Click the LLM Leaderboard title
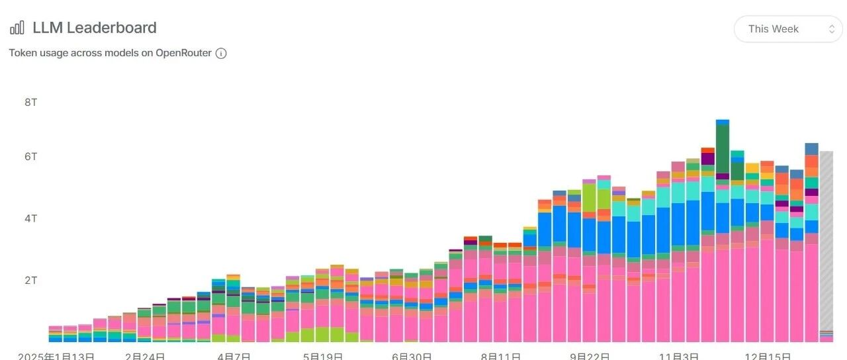pos(95,28)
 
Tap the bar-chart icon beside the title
pos(17,28)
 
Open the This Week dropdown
pos(787,29)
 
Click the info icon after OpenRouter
pos(221,54)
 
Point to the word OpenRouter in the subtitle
pos(183,53)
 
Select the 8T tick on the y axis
pos(32,103)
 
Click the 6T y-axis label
pos(32,157)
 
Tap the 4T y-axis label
pos(32,218)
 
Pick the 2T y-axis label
pos(32,280)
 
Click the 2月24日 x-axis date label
pos(145,356)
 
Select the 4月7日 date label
pos(234,356)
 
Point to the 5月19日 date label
pos(323,356)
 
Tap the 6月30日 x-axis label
pos(412,356)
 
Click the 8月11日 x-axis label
pos(500,356)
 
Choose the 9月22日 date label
pos(589,356)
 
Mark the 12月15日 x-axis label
pos(767,356)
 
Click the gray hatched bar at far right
pos(826,238)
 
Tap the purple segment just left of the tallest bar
pos(707,159)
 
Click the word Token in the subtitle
pos(23,53)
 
